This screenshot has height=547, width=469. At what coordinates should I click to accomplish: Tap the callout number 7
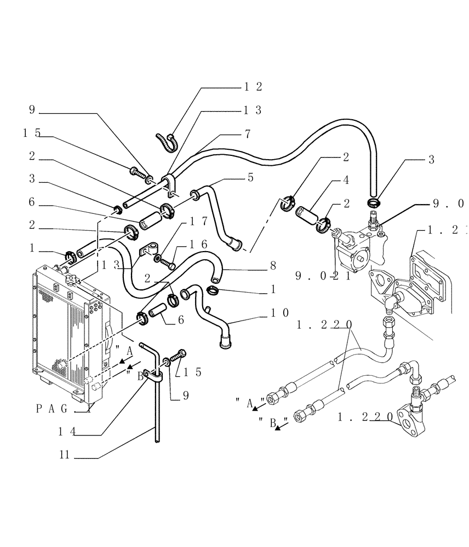click(x=248, y=133)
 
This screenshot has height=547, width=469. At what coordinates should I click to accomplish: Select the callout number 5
click(x=250, y=177)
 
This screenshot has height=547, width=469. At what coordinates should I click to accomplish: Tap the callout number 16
click(x=196, y=243)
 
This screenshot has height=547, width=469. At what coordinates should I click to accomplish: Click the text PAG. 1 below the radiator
click(x=62, y=408)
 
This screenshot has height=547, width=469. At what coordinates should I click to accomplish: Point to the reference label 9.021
click(x=315, y=276)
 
